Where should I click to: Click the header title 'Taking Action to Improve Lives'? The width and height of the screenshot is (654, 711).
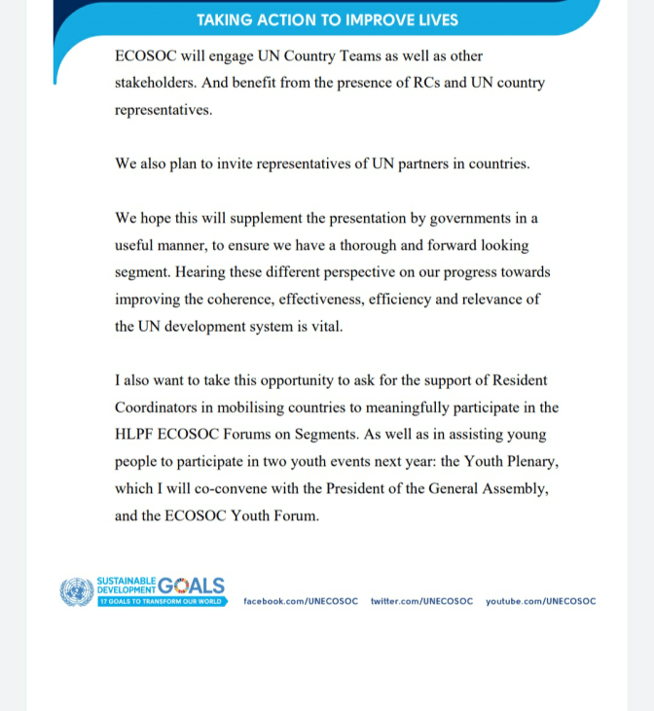(327, 19)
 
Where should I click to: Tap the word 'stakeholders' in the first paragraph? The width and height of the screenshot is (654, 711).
(156, 84)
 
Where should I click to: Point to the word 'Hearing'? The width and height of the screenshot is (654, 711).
(204, 272)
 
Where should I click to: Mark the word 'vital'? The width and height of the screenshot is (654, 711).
(326, 326)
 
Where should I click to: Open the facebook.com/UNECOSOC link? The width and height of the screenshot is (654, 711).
(301, 601)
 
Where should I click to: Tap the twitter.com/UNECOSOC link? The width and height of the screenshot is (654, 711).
(421, 601)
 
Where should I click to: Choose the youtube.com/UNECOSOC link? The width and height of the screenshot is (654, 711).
(541, 601)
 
